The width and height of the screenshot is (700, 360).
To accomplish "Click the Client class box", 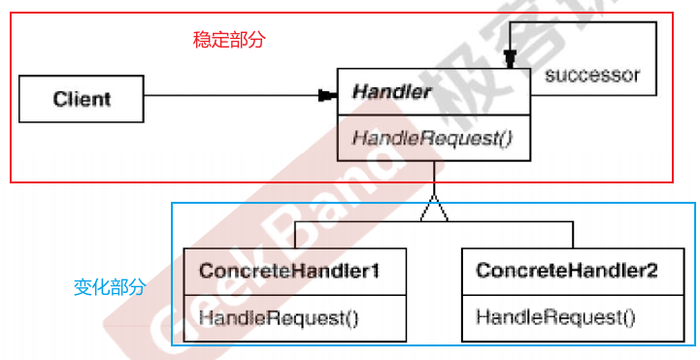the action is (82, 99).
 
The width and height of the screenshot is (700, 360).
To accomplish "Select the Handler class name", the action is (391, 92).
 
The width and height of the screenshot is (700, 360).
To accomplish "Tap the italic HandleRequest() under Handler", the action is (432, 139).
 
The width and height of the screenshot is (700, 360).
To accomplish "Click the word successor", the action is (592, 75).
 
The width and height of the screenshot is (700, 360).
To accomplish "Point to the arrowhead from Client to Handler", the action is (328, 95).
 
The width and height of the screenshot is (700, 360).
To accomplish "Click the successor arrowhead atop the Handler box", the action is (510, 59).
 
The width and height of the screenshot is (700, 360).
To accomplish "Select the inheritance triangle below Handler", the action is (434, 209).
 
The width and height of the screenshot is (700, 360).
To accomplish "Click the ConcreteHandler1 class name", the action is (289, 271).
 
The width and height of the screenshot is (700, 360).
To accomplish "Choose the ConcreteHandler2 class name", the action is (567, 271).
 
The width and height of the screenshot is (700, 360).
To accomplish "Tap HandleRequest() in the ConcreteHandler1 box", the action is (279, 318).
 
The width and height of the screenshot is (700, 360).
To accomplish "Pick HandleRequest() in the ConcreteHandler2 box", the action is (555, 317).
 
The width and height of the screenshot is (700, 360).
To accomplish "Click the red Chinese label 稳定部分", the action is (229, 40).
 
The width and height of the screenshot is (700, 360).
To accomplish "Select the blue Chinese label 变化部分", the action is (110, 287).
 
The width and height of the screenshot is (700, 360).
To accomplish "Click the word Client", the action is (82, 99).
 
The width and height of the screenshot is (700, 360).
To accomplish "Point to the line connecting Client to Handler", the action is (231, 95).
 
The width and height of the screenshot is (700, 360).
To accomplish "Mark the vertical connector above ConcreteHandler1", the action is (295, 235).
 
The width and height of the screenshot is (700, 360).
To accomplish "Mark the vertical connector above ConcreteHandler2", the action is (573, 235).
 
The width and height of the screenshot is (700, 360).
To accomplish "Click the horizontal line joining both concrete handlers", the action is (434, 221).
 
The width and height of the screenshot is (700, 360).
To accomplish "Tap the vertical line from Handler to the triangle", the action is (434, 179).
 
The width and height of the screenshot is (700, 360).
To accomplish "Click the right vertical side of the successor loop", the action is (656, 58).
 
